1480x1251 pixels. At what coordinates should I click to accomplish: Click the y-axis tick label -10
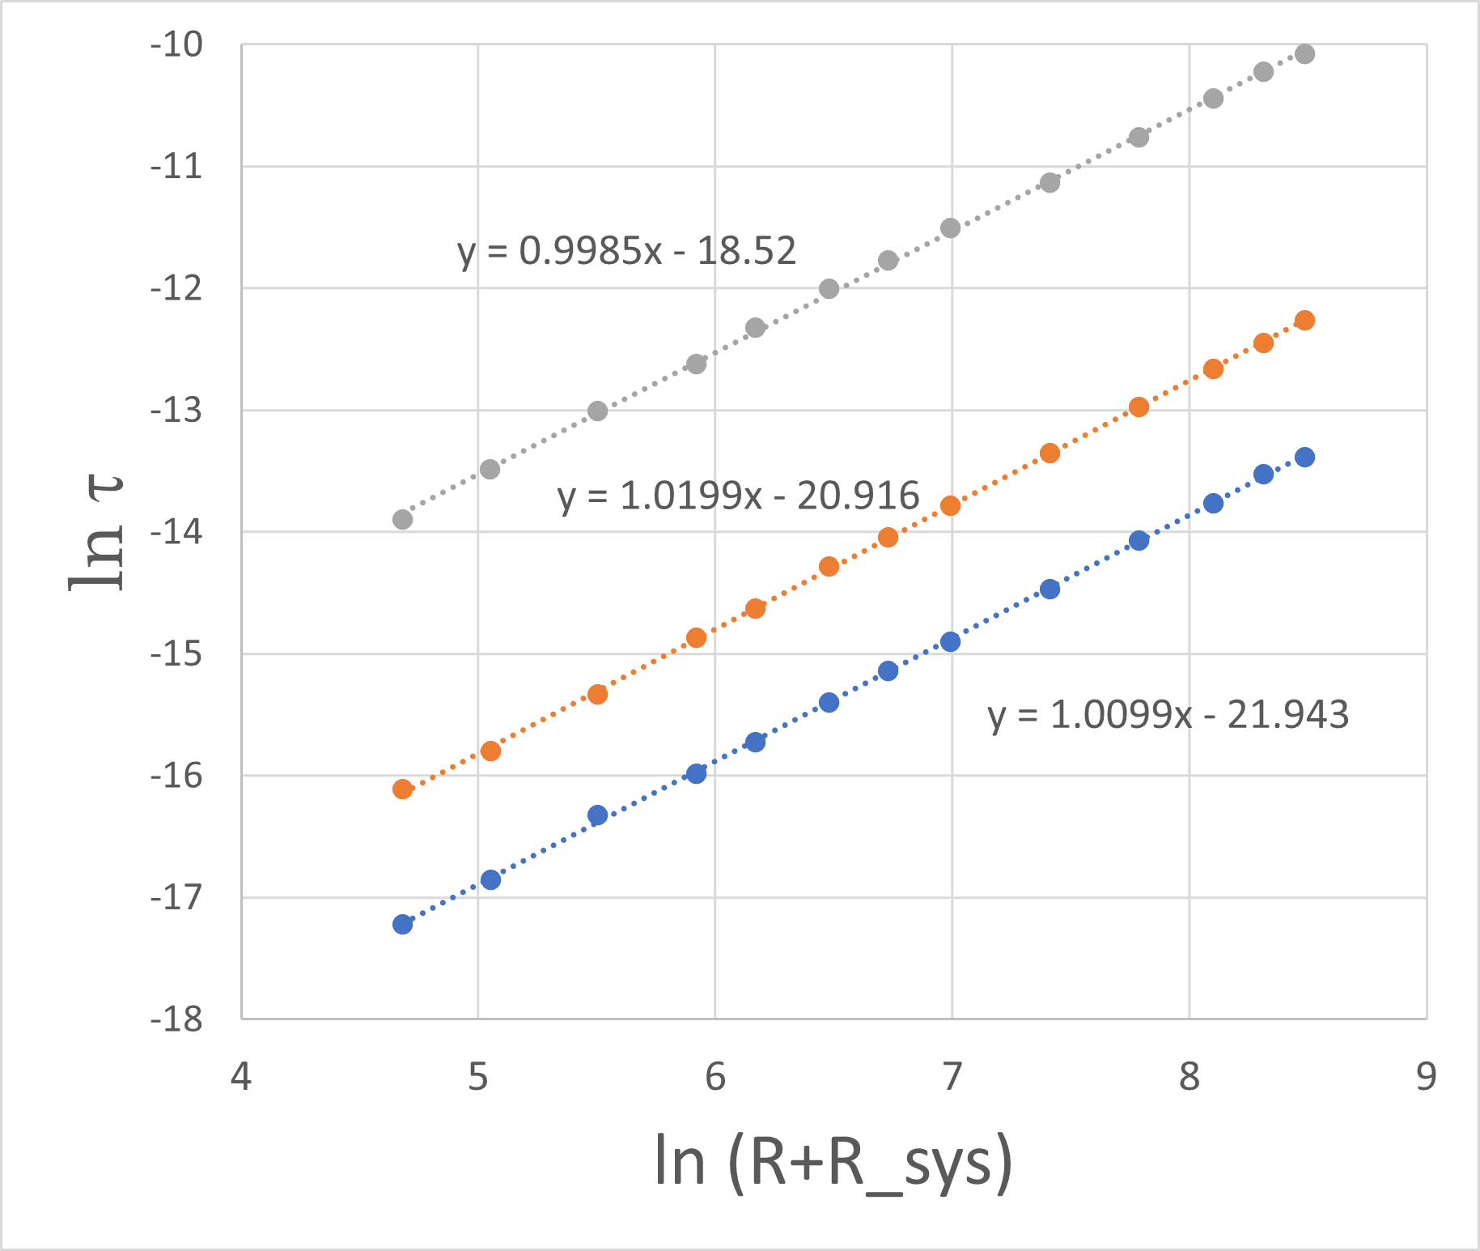[x=176, y=45]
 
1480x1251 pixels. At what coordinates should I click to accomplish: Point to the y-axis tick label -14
[x=176, y=533]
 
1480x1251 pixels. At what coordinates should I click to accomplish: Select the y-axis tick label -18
[x=176, y=1019]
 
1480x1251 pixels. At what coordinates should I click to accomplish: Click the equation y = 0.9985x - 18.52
[x=627, y=251]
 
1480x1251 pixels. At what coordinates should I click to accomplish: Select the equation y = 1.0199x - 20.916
[x=739, y=496]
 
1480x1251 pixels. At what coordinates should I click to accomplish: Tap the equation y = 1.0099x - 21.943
[x=1168, y=715]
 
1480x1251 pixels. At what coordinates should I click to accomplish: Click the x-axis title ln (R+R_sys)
[x=833, y=1163]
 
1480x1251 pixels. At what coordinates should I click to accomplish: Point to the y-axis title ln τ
[x=97, y=533]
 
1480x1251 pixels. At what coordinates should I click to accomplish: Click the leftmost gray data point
[x=402, y=519]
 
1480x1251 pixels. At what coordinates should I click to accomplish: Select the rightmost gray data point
[x=1304, y=54]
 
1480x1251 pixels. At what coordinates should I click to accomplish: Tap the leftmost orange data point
[x=402, y=789]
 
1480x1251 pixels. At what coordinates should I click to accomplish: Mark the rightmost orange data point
[x=1304, y=321]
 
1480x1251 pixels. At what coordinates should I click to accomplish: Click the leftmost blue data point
[x=402, y=924]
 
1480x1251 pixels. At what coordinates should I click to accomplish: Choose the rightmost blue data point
[x=1304, y=457]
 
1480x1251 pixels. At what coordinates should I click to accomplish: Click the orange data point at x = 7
[x=950, y=506]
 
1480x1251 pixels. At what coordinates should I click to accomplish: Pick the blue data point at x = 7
[x=950, y=642]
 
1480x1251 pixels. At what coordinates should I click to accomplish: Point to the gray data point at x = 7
[x=950, y=228]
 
